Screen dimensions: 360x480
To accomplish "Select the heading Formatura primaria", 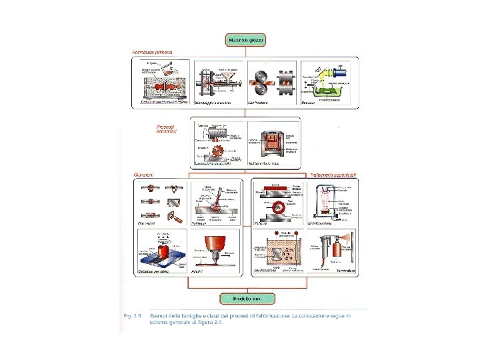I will coord(153,52).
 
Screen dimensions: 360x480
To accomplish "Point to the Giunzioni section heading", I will coord(144,175).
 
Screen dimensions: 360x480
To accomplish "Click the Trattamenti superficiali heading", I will coord(333,175).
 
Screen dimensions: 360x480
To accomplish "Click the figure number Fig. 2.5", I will coord(129,314).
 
